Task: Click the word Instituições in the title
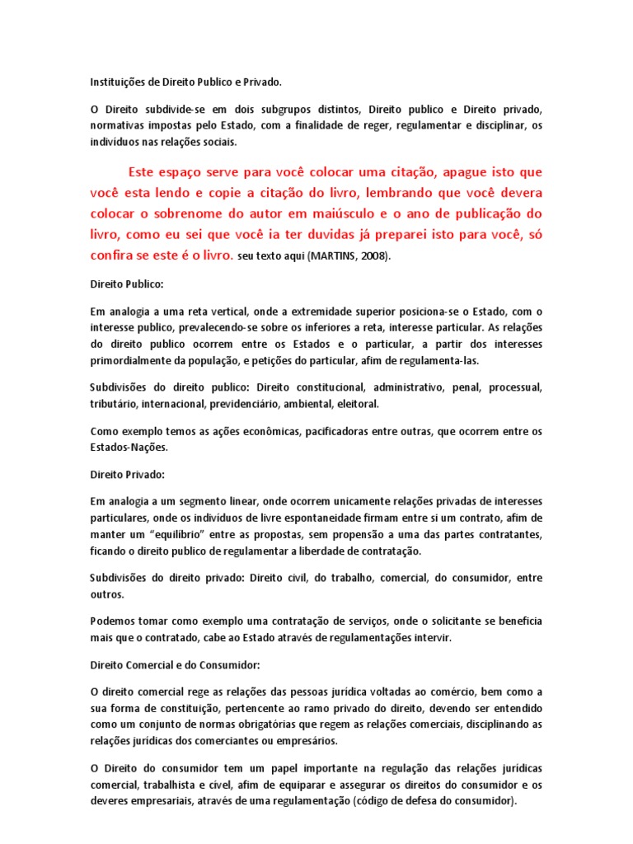[x=117, y=82]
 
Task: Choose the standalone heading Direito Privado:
[x=127, y=476]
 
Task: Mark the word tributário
[x=114, y=404]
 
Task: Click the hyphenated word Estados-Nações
[x=129, y=448]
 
